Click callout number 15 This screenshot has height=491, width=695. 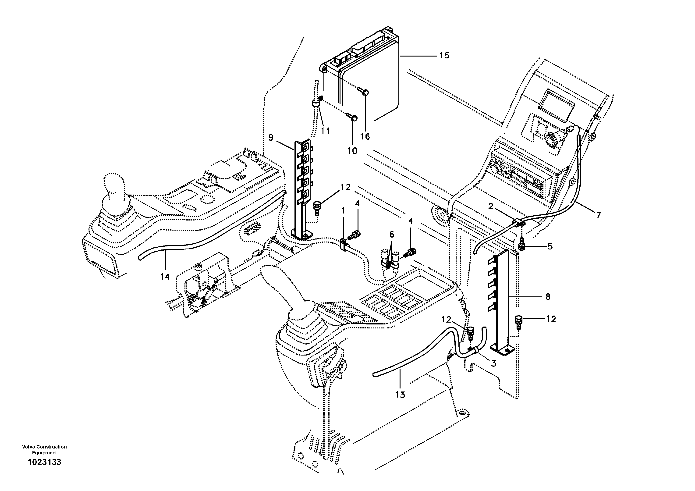click(444, 55)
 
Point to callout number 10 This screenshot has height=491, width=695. click(352, 150)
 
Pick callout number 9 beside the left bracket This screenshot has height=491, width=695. click(271, 138)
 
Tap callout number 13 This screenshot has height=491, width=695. click(400, 395)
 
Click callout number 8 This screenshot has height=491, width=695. click(548, 297)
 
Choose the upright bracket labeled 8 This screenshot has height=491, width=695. click(503, 303)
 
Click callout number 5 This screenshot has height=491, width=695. click(550, 246)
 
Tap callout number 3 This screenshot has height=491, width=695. click(493, 363)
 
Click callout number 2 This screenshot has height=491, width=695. click(490, 206)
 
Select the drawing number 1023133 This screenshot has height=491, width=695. click(44, 471)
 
